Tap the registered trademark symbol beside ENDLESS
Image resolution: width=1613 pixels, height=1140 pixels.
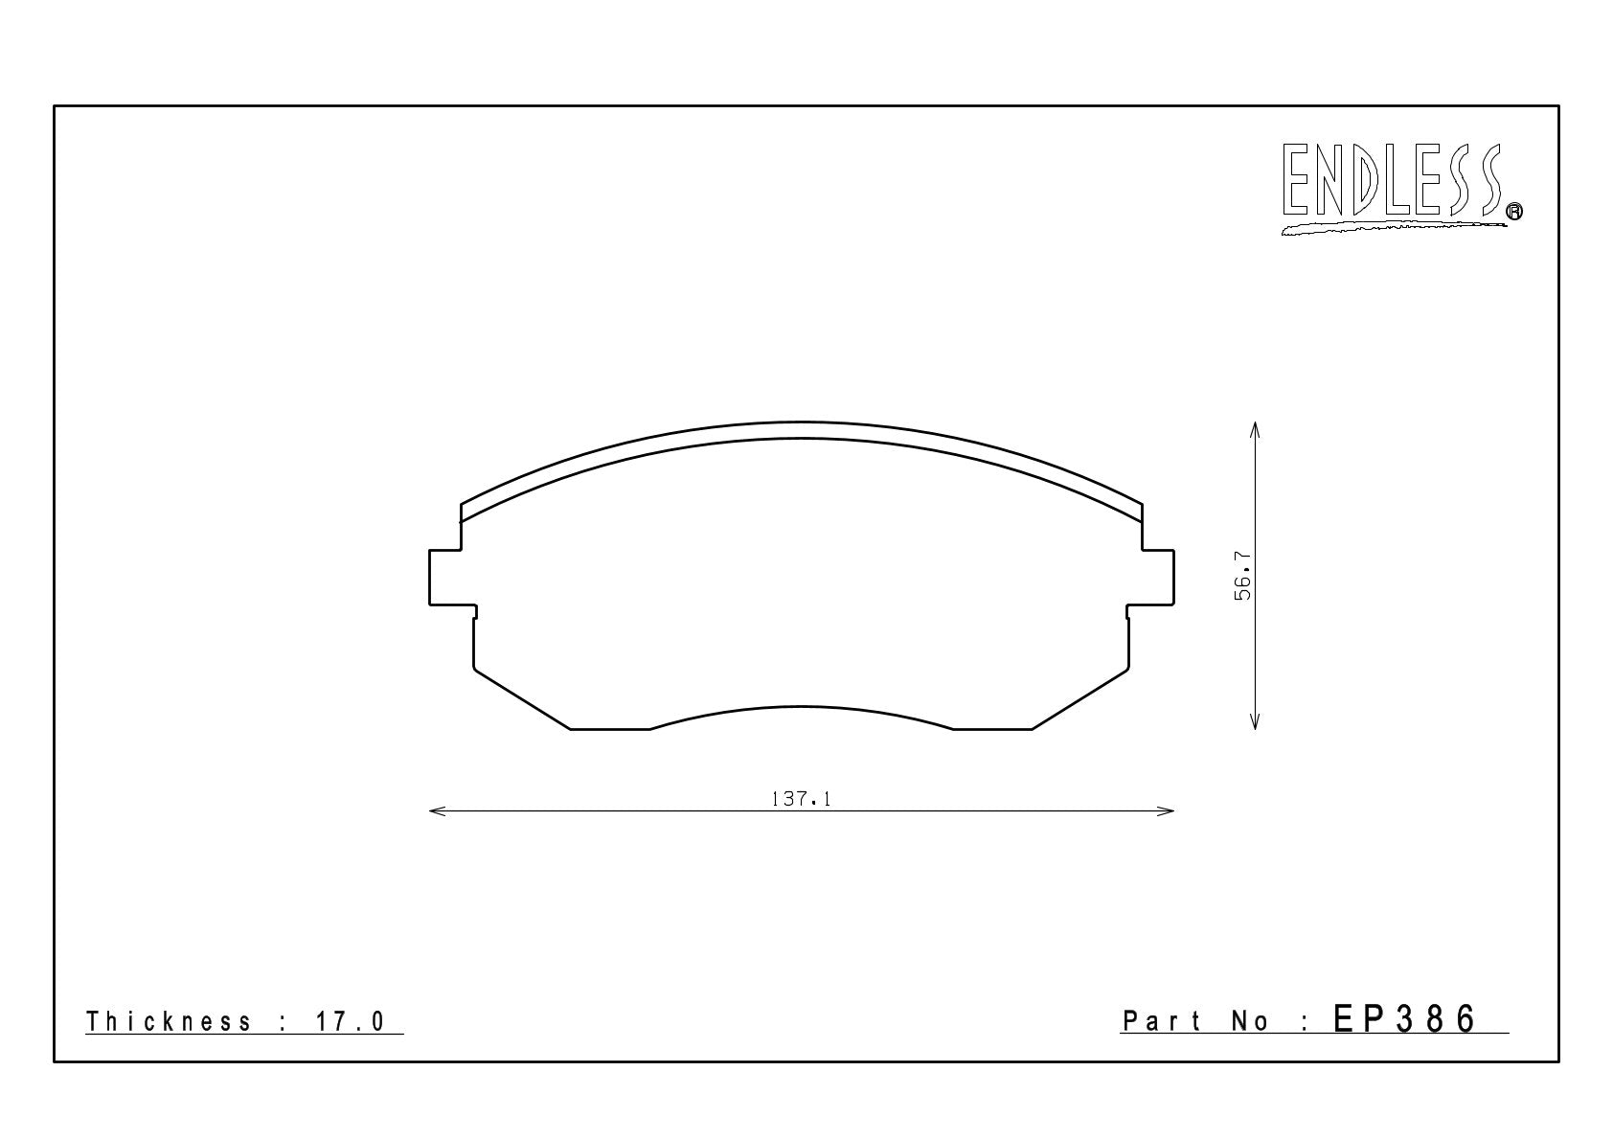[1514, 211]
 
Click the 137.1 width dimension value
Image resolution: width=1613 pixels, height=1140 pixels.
[801, 799]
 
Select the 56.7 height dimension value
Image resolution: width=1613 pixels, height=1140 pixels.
[1243, 576]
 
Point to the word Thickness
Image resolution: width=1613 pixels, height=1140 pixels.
[169, 1021]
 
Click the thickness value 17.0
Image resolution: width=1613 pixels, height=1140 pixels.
[351, 1021]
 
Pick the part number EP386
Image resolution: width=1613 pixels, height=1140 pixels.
[1404, 1019]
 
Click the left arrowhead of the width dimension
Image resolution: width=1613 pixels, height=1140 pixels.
[437, 810]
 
